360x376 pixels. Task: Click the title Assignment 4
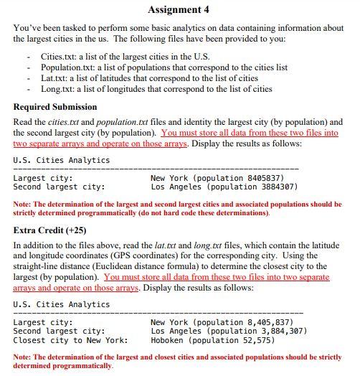[179, 9]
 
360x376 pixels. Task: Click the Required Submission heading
[55, 107]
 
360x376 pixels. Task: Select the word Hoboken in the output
[167, 340]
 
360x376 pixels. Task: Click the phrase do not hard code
[184, 213]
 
